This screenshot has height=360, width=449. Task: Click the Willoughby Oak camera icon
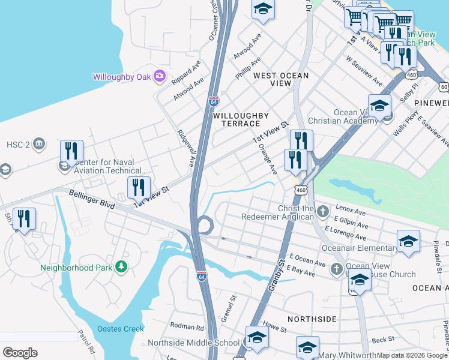(160, 76)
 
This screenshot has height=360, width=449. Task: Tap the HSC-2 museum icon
(40, 144)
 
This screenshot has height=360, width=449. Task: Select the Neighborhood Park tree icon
(122, 266)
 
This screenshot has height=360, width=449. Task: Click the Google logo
(20, 352)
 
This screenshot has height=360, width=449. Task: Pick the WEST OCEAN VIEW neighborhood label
(280, 80)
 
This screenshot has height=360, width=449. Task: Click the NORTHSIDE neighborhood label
(312, 319)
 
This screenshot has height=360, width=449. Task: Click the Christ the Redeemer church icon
(323, 211)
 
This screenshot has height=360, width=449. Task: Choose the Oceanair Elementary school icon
(408, 241)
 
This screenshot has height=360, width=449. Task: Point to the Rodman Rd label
(187, 328)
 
